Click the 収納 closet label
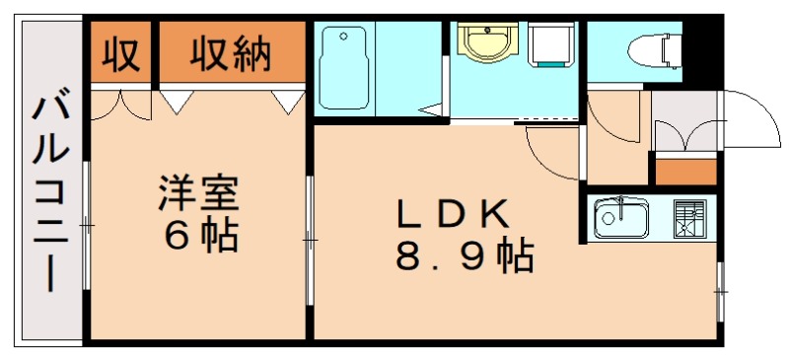click(x=231, y=53)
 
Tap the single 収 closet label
click(x=120, y=53)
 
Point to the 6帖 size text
click(x=200, y=237)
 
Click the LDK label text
click(x=453, y=213)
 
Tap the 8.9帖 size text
click(x=465, y=258)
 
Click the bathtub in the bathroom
click(x=343, y=68)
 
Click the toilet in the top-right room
click(x=647, y=45)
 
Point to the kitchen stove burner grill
click(x=689, y=218)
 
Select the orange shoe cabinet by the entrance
click(x=685, y=171)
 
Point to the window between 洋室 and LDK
click(x=310, y=238)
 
